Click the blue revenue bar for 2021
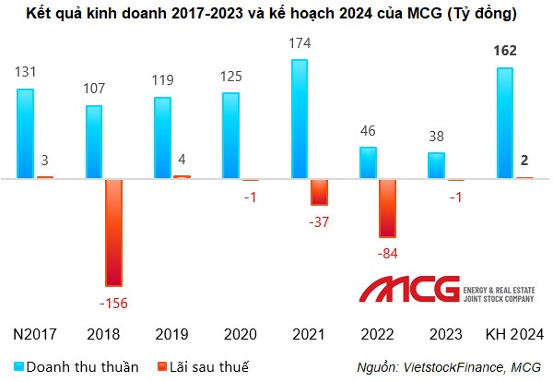tap(300, 119)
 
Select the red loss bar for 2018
tap(113, 232)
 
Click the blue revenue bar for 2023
tap(436, 166)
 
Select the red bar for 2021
tap(319, 191)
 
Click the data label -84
tap(386, 253)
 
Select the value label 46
tap(368, 130)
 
